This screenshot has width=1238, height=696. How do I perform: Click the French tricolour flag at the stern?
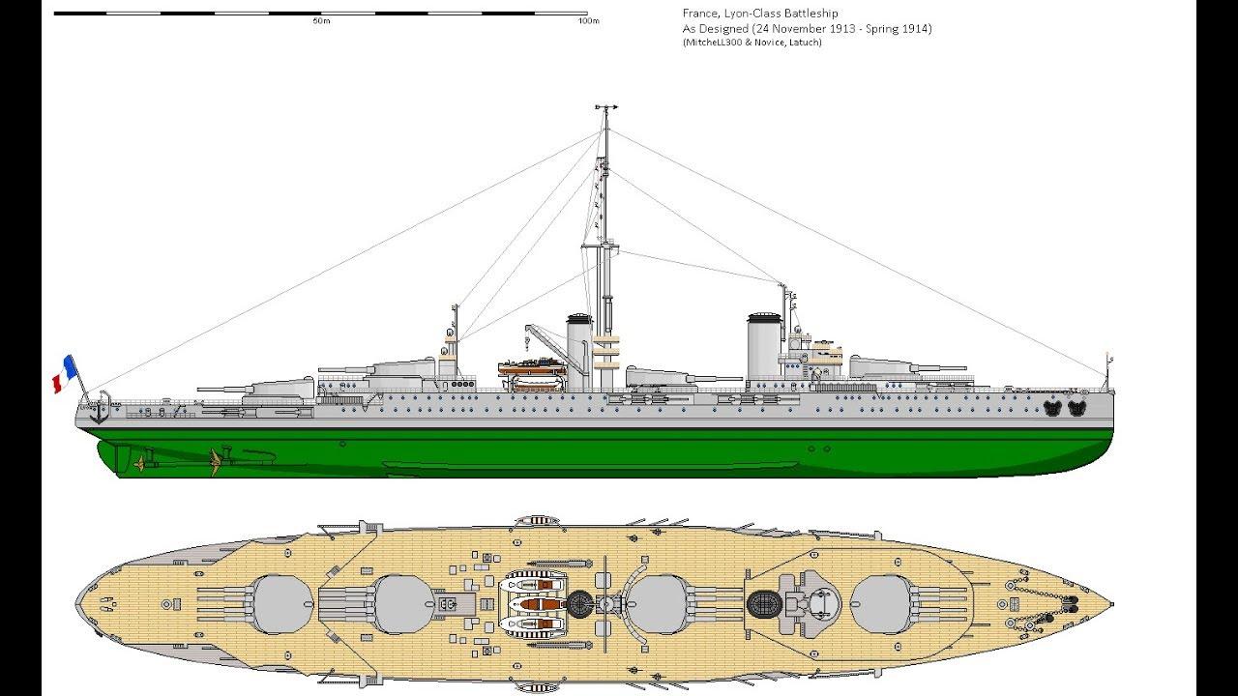64,374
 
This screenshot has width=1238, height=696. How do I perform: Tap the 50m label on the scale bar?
321,21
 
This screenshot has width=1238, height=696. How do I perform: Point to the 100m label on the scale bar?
588,21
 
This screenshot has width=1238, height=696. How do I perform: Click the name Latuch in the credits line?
807,42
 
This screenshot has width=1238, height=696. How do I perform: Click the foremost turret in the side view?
882,368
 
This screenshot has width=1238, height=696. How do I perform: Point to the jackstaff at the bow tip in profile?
1107,372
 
